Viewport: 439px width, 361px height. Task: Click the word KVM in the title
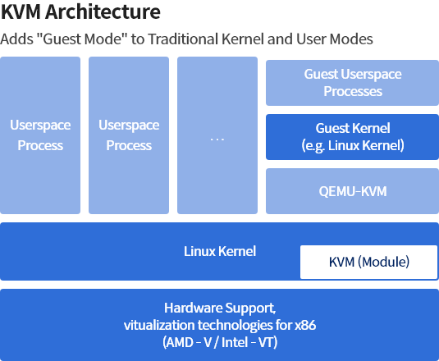21,11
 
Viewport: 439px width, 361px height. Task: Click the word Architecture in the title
103,11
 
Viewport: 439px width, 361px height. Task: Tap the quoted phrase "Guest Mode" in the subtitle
82,39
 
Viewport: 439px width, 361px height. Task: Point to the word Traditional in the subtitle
183,39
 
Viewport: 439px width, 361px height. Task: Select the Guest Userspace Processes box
353,83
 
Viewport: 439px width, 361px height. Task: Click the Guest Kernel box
353,137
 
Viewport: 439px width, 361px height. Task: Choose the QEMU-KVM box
353,191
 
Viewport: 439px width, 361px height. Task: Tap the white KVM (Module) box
368,262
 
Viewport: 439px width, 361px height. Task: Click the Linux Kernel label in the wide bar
220,251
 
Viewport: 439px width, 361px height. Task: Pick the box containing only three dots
217,135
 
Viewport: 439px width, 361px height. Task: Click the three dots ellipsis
217,139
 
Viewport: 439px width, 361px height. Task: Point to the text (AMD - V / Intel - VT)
220,342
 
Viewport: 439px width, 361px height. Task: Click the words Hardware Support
220,308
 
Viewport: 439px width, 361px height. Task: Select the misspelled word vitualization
159,325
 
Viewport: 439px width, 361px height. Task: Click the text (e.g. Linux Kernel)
353,145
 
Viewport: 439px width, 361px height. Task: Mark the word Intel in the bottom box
235,342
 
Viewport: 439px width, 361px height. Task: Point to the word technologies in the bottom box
236,325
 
